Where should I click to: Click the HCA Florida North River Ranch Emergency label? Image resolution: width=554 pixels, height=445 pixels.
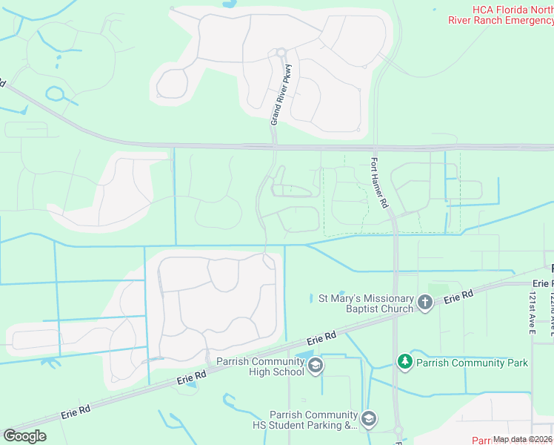pyautogui.click(x=500, y=15)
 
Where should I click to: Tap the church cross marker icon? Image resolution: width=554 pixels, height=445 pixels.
pyautogui.click(x=424, y=302)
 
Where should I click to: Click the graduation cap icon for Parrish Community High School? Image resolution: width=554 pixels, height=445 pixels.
pyautogui.click(x=315, y=365)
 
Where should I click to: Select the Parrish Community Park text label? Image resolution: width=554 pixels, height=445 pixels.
pyautogui.click(x=472, y=363)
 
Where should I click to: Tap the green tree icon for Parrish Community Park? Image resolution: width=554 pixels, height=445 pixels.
pyautogui.click(x=404, y=361)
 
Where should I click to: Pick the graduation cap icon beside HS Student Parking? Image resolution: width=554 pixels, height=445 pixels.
pyautogui.click(x=369, y=420)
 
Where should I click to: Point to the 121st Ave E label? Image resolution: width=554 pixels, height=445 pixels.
pyautogui.click(x=531, y=312)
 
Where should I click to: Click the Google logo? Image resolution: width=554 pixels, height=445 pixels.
pyautogui.click(x=25, y=435)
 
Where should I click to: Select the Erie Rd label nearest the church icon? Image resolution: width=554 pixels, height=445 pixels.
pyautogui.click(x=458, y=298)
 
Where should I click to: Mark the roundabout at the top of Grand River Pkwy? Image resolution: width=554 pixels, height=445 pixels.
pyautogui.click(x=281, y=52)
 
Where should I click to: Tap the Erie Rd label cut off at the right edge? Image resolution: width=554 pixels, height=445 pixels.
pyautogui.click(x=543, y=283)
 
